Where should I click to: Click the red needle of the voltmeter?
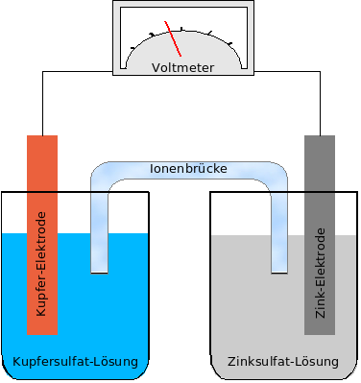[x=174, y=39]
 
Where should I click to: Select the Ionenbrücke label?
[x=188, y=168]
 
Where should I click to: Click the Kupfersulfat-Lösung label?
[x=75, y=362]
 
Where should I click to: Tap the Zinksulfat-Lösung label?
[x=283, y=362]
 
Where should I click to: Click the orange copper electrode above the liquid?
[x=41, y=182]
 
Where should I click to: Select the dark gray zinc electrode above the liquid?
[x=320, y=182]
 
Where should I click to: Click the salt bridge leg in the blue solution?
[x=100, y=251]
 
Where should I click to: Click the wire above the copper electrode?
[x=41, y=106]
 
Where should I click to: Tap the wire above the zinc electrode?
[x=320, y=106]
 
